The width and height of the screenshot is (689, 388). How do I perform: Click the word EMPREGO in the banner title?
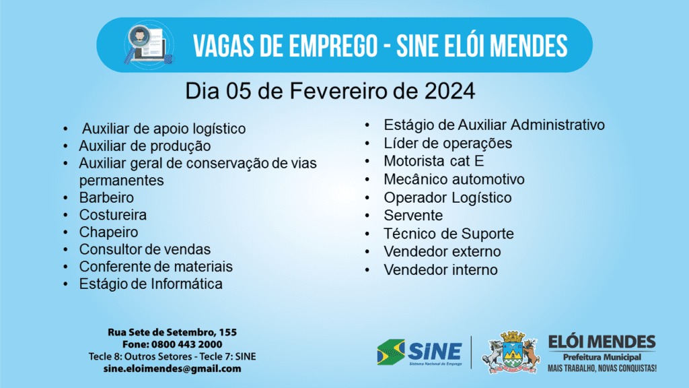pos(318,46)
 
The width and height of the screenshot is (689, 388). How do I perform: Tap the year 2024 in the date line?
pos(449,91)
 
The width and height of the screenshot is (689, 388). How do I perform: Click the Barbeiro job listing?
pos(106,197)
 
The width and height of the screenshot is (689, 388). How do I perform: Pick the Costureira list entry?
pos(113,215)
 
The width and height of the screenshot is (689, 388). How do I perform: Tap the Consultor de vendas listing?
pos(145,249)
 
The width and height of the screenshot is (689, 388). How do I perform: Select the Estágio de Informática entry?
pos(151,284)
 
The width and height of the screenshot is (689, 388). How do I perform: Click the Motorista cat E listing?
pos(434,161)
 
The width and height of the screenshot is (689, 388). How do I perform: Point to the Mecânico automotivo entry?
pos(454,179)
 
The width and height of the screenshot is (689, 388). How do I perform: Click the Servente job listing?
pos(413,216)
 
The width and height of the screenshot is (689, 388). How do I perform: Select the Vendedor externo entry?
pos(442,252)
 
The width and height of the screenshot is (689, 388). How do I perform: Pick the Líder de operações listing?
pos(447,143)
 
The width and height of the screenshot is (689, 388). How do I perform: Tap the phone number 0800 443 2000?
pos(187,344)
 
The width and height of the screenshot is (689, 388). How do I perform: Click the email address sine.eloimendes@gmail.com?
pos(172,368)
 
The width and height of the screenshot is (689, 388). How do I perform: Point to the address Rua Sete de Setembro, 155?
pos(172,332)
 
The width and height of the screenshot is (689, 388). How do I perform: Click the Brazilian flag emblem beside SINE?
pos(391,352)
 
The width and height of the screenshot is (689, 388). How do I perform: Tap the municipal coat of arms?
pos(511,352)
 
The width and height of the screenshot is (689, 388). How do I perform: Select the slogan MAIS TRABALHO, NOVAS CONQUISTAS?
pos(602,368)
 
